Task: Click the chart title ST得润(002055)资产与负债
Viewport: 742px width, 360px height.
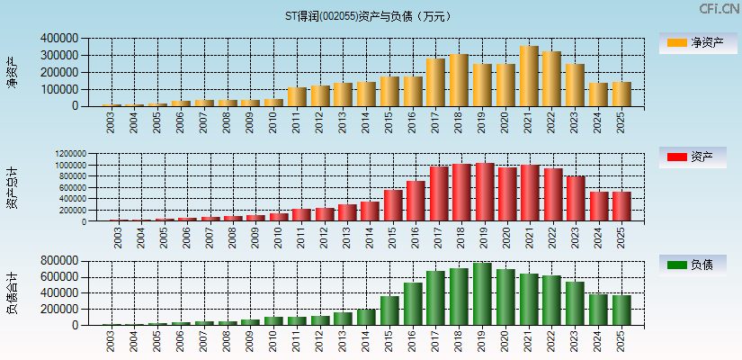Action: tap(370, 16)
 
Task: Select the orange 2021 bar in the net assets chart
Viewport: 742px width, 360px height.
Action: tap(529, 76)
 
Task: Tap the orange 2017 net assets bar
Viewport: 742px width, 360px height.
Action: tap(435, 83)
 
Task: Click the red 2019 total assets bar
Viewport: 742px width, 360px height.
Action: tap(485, 193)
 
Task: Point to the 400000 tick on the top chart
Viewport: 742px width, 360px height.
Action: tap(59, 39)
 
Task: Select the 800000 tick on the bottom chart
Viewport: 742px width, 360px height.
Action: tap(59, 261)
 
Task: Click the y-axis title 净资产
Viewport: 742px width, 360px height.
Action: tap(13, 72)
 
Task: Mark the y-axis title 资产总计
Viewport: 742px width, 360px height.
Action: tap(13, 187)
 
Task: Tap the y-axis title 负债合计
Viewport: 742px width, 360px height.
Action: tap(13, 292)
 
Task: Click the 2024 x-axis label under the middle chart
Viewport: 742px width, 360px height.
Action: tap(599, 238)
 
